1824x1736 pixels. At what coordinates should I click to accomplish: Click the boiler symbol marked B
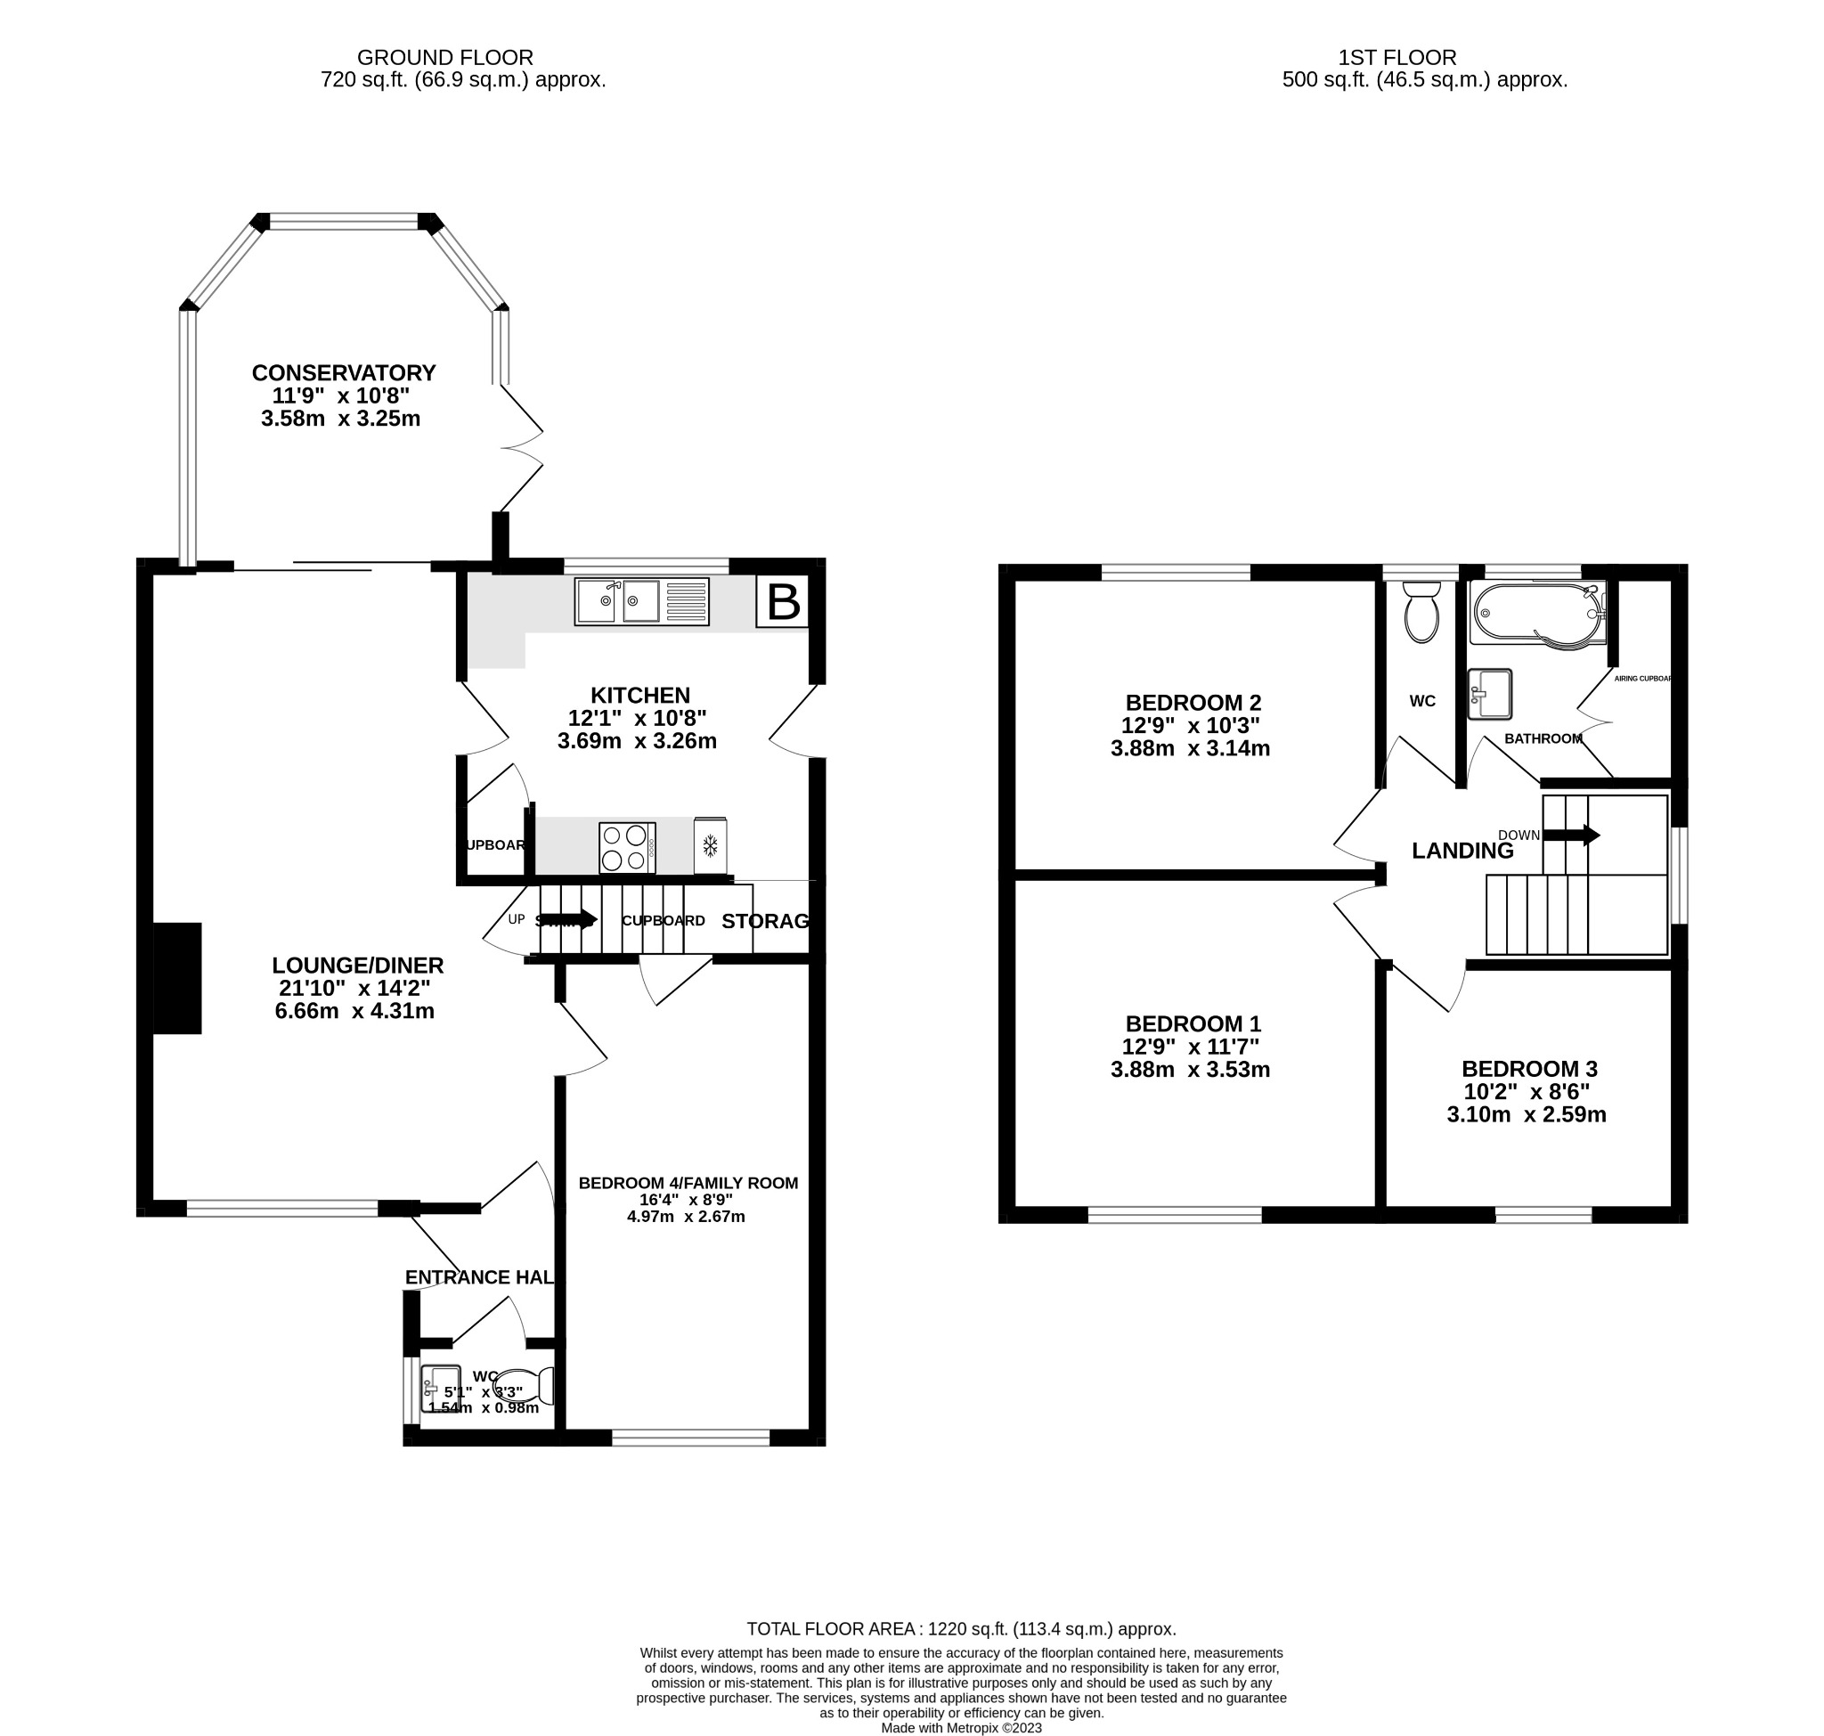[782, 602]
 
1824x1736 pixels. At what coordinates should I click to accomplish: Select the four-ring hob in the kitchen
[626, 847]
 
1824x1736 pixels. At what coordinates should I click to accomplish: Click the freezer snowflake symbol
[710, 845]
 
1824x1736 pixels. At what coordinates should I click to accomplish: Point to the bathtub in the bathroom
[1536, 613]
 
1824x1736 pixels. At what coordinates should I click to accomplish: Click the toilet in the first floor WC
[1421, 612]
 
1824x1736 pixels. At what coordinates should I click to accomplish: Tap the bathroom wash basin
[1489, 693]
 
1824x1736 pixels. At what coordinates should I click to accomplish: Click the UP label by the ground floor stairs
[517, 919]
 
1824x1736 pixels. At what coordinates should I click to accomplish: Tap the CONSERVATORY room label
[343, 373]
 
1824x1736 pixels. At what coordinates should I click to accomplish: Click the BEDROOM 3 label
[1529, 1069]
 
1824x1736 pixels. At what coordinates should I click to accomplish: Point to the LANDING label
[1462, 851]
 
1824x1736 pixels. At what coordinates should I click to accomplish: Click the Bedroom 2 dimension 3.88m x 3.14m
[1190, 748]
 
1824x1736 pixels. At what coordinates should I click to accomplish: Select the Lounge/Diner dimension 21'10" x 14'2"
[354, 988]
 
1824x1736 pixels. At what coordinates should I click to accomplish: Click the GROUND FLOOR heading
[445, 57]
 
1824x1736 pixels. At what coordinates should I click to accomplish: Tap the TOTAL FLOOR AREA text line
[961, 1627]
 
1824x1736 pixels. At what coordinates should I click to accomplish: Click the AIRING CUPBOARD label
[1642, 679]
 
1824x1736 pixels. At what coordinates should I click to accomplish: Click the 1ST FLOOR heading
[1396, 57]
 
